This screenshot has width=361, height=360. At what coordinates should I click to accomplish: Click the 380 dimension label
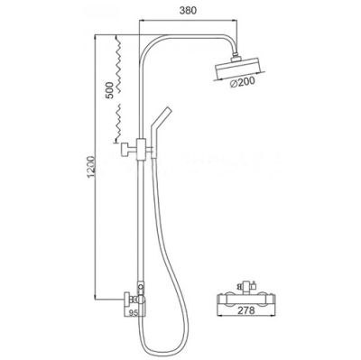(188, 10)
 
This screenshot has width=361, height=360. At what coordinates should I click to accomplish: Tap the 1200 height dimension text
(91, 167)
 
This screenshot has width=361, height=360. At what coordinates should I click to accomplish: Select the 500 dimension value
(110, 90)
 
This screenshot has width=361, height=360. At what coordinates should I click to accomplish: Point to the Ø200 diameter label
(243, 82)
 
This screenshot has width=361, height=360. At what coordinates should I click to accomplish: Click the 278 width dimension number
(245, 310)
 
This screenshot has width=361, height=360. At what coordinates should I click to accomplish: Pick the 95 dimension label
(134, 313)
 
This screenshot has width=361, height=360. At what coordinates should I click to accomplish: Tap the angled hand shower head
(160, 126)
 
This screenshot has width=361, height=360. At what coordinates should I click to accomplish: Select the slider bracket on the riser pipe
(141, 149)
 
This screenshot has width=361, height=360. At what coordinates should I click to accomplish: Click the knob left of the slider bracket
(125, 150)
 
